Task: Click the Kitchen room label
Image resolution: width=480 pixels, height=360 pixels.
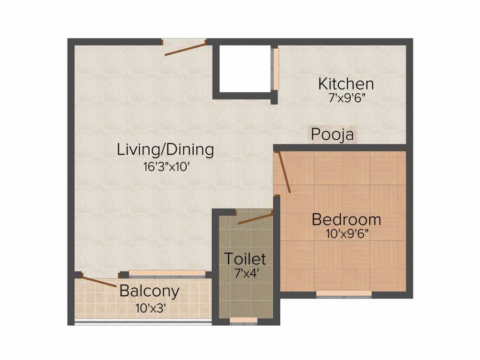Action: coord(346,84)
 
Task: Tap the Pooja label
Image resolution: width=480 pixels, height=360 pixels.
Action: coord(332,135)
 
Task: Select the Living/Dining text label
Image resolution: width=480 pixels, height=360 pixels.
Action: coord(165,150)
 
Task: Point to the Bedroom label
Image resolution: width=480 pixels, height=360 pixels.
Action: coord(346,219)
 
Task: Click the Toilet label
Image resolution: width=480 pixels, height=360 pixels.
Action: coord(245,259)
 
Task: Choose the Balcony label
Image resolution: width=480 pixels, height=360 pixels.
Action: coord(150,291)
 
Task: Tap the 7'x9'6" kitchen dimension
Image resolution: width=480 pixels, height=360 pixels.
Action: coord(346,98)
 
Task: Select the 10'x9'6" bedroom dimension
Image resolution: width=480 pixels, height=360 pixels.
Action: coord(347,234)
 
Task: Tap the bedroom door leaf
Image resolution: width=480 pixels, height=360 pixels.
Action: coord(284,172)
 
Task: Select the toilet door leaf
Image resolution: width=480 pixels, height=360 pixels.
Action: coord(255,219)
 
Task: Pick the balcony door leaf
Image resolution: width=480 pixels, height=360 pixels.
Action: coord(98,281)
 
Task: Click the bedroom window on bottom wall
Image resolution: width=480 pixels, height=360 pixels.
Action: coord(344,294)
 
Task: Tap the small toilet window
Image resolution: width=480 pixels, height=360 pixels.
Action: coord(244,321)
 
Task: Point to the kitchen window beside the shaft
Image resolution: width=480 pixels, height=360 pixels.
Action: coord(275,69)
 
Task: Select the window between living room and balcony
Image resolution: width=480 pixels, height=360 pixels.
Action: coord(167,274)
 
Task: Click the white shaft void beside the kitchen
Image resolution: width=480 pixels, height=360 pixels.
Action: coord(245,68)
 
